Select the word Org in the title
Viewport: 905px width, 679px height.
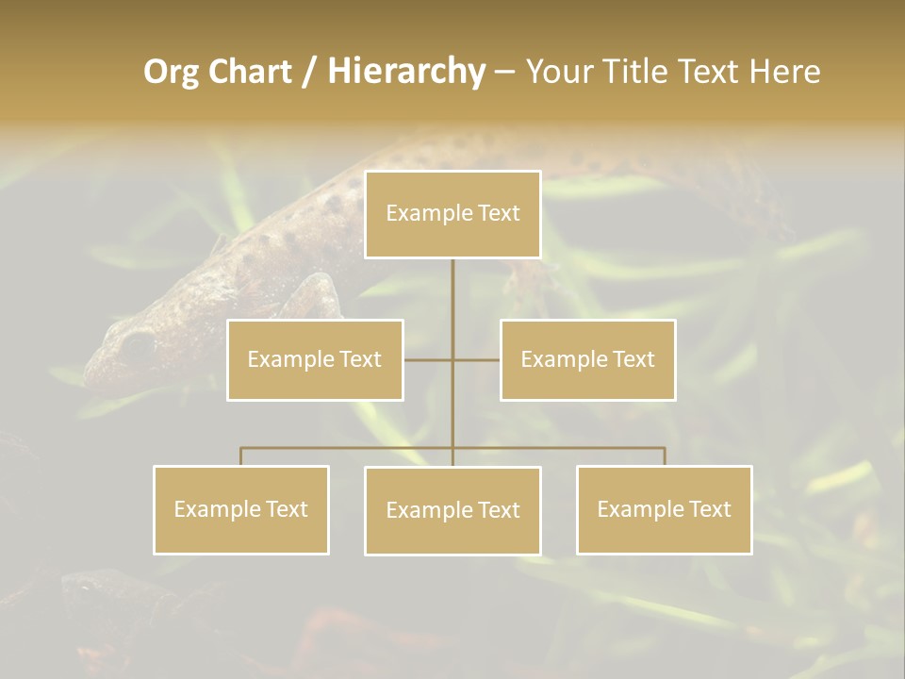coord(171,72)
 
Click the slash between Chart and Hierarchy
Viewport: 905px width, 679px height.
coord(310,73)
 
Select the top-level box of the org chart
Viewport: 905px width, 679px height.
coord(452,214)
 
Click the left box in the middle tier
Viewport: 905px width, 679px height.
coord(315,359)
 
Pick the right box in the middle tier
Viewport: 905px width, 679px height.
coord(587,359)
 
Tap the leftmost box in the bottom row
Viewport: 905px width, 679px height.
coord(240,509)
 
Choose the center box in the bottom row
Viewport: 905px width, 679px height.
coord(452,510)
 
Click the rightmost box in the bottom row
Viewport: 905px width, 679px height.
coord(664,509)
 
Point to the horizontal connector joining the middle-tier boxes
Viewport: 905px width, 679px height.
coord(476,359)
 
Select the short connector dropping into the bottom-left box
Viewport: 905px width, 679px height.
coord(240,456)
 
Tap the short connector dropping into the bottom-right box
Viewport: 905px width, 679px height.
coord(665,456)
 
